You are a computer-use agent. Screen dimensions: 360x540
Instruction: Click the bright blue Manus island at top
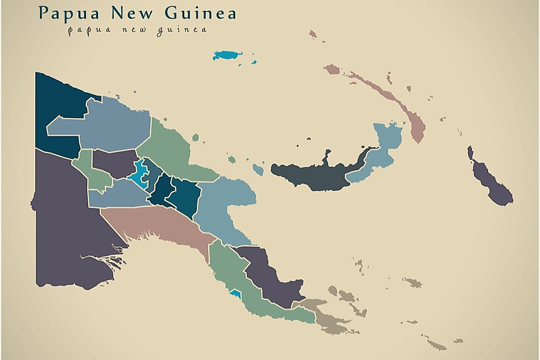[227, 55]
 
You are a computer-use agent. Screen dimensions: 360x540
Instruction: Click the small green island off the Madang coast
[195, 138]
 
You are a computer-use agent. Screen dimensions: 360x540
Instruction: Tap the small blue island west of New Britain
[258, 169]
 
